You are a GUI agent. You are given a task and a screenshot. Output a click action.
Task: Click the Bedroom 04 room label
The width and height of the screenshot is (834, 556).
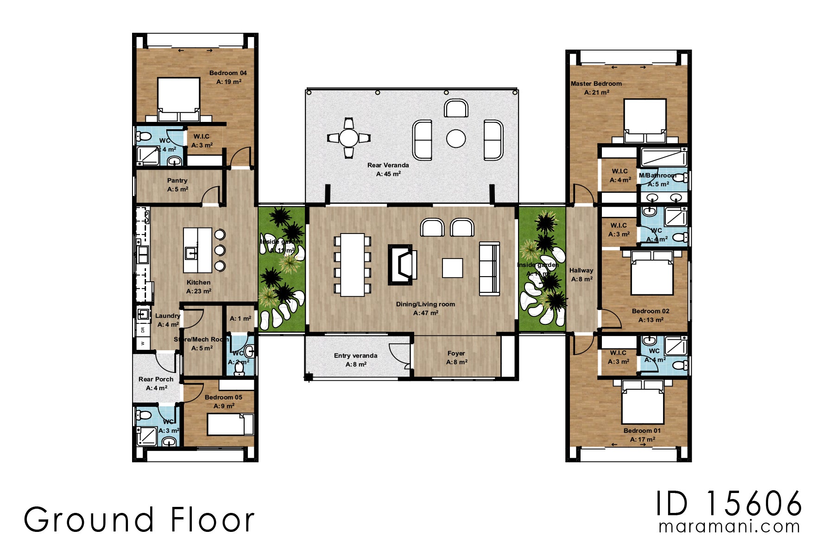coord(228,73)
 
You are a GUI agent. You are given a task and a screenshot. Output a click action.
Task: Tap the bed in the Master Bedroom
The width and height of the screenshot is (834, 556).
coord(644,119)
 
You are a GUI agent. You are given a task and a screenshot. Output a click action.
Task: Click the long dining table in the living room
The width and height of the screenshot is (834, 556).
coord(352,265)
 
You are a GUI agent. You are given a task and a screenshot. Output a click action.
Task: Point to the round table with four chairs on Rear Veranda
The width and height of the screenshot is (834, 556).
coord(348,138)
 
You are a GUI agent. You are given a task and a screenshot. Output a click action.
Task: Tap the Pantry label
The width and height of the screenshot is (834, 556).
coord(177,181)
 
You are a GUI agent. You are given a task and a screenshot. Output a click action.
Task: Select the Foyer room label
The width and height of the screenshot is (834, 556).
coord(456,354)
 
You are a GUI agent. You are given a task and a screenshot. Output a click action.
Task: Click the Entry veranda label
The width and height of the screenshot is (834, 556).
coord(355,356)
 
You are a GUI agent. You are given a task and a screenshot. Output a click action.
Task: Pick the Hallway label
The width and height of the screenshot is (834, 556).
coord(581,271)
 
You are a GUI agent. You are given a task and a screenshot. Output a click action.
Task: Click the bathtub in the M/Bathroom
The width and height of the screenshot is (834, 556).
coord(663,158)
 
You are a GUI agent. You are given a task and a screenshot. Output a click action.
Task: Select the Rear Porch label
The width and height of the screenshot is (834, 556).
coord(156,379)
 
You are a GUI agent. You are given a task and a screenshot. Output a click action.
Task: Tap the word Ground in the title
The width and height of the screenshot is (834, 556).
coord(88,520)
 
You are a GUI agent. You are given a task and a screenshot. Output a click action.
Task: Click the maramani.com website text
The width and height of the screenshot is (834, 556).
coord(729,527)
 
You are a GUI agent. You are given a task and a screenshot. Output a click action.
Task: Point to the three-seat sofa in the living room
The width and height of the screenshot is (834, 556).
coord(489,269)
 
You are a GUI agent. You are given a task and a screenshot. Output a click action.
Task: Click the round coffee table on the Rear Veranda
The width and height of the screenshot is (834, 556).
coord(456,139)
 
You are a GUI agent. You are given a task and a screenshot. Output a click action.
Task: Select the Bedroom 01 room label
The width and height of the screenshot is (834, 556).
coord(642,431)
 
